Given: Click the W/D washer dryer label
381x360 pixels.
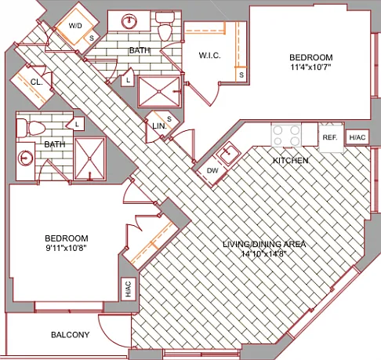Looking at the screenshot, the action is (75, 26).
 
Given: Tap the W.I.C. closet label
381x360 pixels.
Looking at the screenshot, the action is (209, 56).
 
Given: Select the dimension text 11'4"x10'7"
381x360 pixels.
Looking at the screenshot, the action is (310, 67).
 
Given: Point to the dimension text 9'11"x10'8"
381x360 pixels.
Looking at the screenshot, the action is (66, 248).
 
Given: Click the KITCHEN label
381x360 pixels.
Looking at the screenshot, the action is (291, 160).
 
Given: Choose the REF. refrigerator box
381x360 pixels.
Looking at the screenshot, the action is (331, 138).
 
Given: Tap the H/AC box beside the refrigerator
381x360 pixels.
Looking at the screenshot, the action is (357, 137).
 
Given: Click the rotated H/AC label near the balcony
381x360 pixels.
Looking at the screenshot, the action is (129, 289).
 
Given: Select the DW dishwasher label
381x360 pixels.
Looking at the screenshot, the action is (212, 171).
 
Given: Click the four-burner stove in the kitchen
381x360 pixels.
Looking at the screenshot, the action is (286, 135).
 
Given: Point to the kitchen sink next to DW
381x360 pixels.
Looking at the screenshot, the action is (228, 154).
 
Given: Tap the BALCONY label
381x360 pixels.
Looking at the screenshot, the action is (70, 335).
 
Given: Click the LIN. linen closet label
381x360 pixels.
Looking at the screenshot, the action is (159, 126).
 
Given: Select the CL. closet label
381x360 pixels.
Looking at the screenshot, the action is (37, 82).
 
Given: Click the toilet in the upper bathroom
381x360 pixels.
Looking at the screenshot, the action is (165, 26).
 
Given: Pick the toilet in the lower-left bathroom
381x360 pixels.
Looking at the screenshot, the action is (31, 128).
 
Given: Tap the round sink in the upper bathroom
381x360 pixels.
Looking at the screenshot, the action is (129, 22).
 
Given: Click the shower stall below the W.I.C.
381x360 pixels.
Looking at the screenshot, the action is (159, 92).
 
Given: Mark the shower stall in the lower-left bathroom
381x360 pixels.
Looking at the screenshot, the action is (90, 158).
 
